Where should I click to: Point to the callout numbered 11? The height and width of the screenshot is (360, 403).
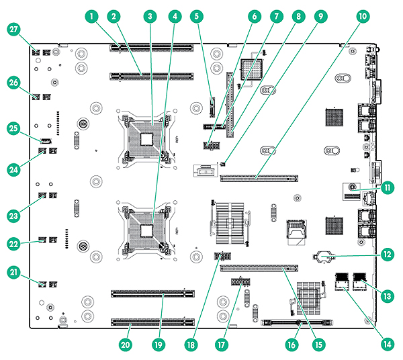pos(387,189)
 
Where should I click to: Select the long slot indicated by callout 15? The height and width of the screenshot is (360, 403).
pos(259,267)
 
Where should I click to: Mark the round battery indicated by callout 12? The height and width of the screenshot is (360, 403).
pos(323,256)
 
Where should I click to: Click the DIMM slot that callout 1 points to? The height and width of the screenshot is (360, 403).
pos(152,48)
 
